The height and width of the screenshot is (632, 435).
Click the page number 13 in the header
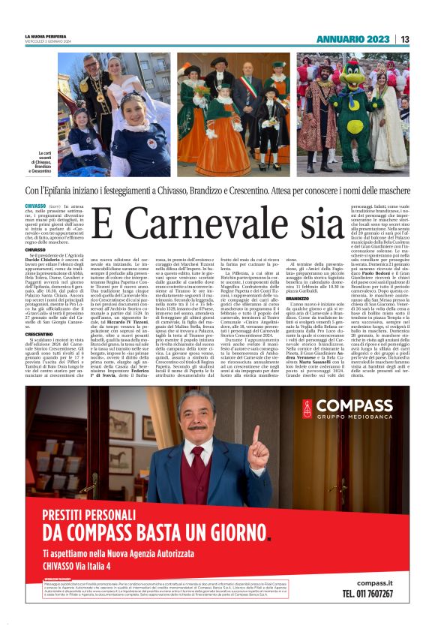coord(405,39)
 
